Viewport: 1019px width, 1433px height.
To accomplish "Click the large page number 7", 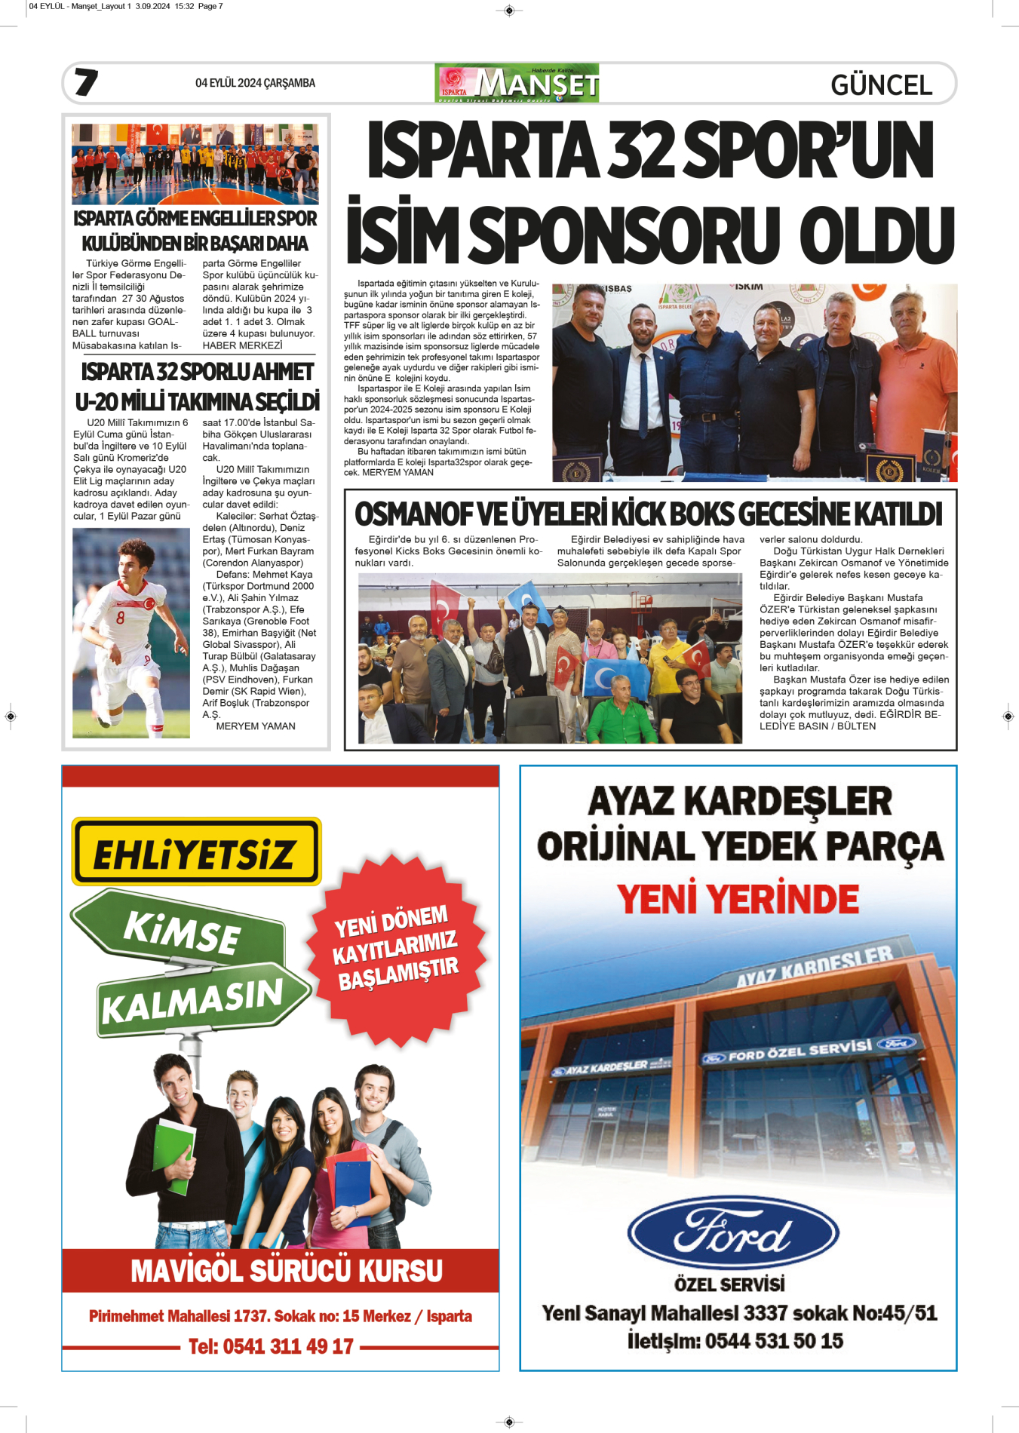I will [86, 82].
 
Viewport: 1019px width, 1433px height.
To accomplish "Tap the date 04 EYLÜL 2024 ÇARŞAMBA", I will [255, 83].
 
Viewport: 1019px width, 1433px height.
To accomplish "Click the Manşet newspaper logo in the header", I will [517, 83].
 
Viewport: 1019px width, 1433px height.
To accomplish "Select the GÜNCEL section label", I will [881, 85].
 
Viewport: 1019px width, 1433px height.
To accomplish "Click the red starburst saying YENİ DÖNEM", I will [396, 947].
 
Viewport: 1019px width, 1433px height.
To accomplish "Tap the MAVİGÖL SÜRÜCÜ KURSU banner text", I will [287, 1271].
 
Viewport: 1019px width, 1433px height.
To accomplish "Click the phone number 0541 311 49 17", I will [271, 1346].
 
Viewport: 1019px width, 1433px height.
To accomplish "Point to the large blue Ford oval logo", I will [732, 1234].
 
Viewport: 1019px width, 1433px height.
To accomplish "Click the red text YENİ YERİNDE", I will [738, 899].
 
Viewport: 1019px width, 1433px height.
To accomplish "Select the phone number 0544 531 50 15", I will [773, 1340].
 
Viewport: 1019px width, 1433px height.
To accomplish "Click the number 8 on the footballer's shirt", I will [121, 617].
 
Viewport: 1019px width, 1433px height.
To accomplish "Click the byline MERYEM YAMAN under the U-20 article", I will [256, 726].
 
